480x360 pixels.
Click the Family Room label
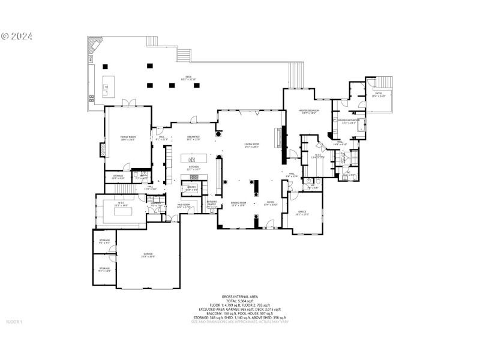127,138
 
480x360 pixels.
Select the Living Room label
251,145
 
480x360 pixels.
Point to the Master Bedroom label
309,112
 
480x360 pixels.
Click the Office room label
302,212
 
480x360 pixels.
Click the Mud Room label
184,206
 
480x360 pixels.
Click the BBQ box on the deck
91,59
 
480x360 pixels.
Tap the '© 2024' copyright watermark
17,36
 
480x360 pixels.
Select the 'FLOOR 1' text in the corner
14,322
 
